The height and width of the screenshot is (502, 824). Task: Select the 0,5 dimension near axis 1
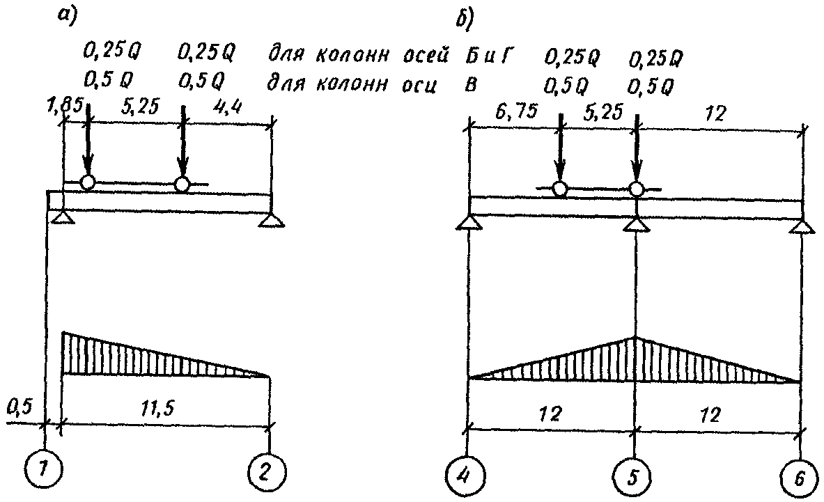pyautogui.click(x=20, y=406)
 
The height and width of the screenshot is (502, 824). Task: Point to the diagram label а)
pyautogui.click(x=68, y=19)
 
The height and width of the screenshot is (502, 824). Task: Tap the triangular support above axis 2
pyautogui.click(x=271, y=220)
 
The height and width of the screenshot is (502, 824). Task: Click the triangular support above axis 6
pyautogui.click(x=802, y=225)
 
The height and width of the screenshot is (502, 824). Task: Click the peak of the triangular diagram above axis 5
pyautogui.click(x=635, y=338)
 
